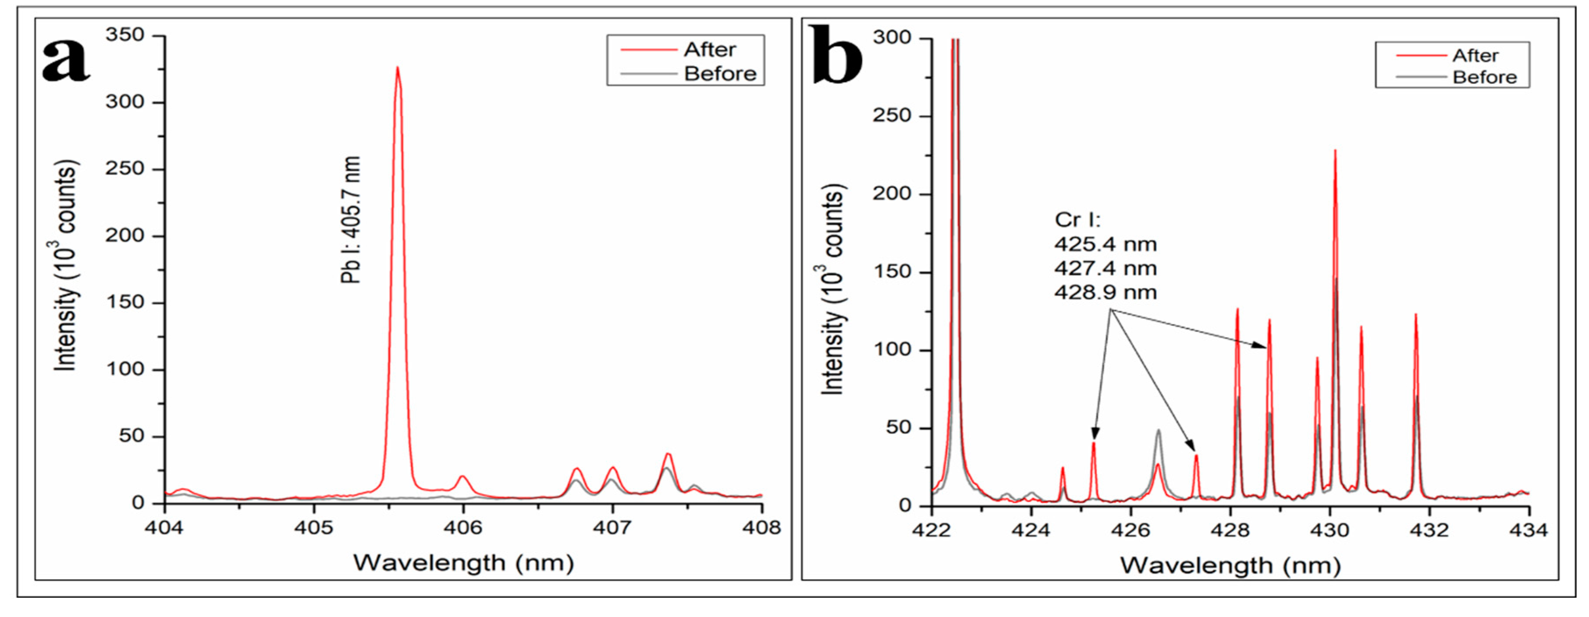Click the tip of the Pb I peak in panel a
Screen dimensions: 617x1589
coord(397,68)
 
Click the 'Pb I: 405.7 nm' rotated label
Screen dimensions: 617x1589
coord(350,220)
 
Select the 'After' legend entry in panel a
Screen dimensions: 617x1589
coord(709,50)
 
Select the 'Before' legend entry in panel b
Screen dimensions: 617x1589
coord(1484,78)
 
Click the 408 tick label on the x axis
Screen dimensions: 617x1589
coord(762,528)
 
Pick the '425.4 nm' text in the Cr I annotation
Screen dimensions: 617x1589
coord(1106,244)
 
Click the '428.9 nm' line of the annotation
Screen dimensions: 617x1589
coord(1106,292)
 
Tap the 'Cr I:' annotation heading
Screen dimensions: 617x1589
coord(1077,220)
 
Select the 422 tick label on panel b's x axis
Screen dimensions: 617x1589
coord(931,531)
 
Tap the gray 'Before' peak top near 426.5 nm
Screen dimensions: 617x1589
coord(1159,431)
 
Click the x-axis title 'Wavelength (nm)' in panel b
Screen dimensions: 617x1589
coord(1230,565)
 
